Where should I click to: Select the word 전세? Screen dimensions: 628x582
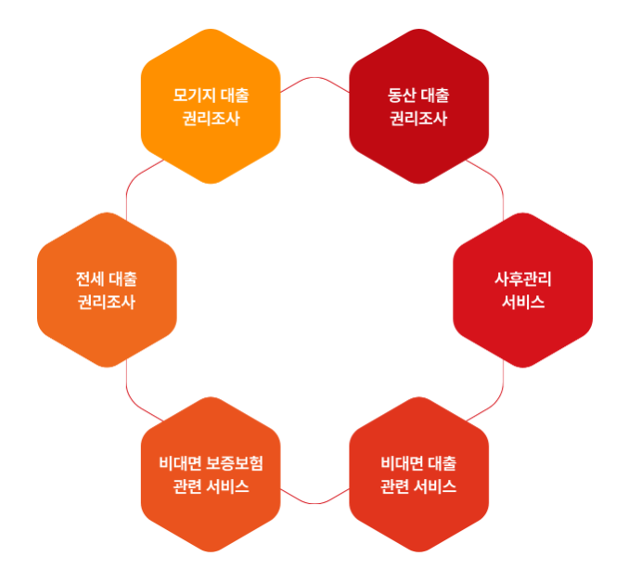tap(90, 278)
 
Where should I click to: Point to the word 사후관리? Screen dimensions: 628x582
tap(523, 279)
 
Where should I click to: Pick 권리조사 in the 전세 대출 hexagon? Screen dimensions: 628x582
tap(107, 303)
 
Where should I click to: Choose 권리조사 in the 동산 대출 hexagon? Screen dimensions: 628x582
tap(418, 119)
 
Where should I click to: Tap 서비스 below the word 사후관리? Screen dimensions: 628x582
tap(523, 303)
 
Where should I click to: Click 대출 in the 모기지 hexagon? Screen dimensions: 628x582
tap(236, 96)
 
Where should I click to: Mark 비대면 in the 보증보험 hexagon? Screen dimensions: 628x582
tap(179, 463)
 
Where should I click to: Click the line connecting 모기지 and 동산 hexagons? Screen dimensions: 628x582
tap(314, 79)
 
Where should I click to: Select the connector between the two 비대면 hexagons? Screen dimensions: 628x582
tap(314, 501)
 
